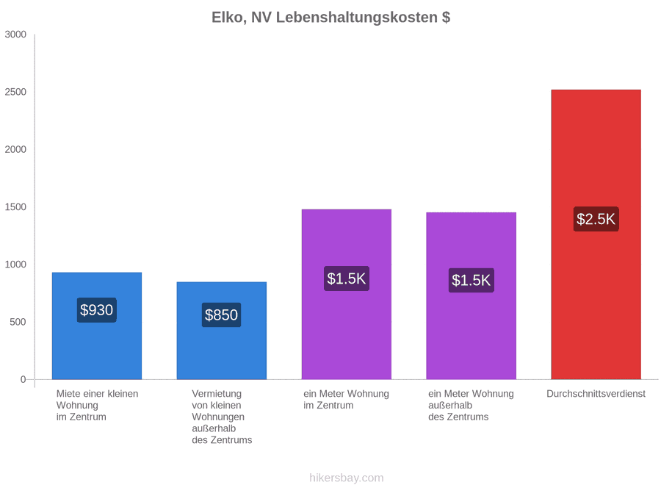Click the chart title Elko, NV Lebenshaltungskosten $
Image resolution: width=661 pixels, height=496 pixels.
click(330, 18)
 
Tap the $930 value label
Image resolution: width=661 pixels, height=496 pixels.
click(96, 310)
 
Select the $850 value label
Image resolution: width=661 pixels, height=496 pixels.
click(221, 315)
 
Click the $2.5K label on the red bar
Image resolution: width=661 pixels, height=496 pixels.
click(596, 219)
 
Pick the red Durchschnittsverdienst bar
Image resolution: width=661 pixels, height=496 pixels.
click(596, 234)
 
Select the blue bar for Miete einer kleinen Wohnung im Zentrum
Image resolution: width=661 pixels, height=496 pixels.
click(96, 326)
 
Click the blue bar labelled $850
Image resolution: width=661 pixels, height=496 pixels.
click(221, 331)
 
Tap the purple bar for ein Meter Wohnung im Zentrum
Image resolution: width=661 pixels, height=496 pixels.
click(346, 295)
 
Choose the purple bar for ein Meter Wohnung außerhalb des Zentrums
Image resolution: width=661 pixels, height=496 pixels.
click(471, 296)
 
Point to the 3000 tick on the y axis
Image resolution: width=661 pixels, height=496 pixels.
click(15, 35)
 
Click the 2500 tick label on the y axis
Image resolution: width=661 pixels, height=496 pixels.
click(15, 92)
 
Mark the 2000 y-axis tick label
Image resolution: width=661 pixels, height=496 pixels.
click(15, 149)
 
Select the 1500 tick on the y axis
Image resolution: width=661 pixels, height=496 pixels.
click(15, 207)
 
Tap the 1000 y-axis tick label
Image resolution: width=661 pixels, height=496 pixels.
click(15, 265)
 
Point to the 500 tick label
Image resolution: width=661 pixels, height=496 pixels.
click(18, 322)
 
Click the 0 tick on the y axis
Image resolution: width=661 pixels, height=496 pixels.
click(24, 380)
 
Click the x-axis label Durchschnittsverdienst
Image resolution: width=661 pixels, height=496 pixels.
click(596, 394)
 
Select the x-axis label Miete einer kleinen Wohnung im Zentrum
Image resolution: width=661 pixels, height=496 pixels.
click(98, 406)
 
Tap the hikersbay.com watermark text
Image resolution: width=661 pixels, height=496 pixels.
click(346, 478)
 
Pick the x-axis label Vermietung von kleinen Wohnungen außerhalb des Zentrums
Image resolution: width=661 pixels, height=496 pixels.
click(222, 417)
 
